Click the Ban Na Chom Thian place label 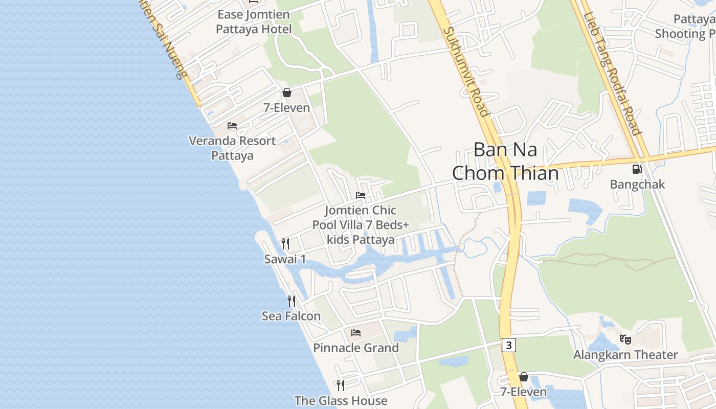pyautogui.click(x=505, y=162)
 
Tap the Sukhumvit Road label pyautogui.click(x=465, y=72)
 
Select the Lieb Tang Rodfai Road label pyautogui.click(x=613, y=74)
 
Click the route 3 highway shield pyautogui.click(x=508, y=345)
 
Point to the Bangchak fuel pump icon pyautogui.click(x=637, y=168)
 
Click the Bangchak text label pyautogui.click(x=637, y=184)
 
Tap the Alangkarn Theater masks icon pyautogui.click(x=625, y=339)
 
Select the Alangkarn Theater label pyautogui.click(x=625, y=355)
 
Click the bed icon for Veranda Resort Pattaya pyautogui.click(x=232, y=126)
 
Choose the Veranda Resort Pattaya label pyautogui.click(x=232, y=148)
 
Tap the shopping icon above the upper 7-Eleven pyautogui.click(x=286, y=93)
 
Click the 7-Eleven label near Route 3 pyautogui.click(x=523, y=392)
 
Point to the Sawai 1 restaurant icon pyautogui.click(x=285, y=244)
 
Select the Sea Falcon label pyautogui.click(x=291, y=316)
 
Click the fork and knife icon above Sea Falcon pyautogui.click(x=291, y=301)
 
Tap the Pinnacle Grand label pyautogui.click(x=356, y=348)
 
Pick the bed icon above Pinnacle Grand pyautogui.click(x=356, y=333)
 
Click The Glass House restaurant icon pyautogui.click(x=341, y=385)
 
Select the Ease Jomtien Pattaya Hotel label pyautogui.click(x=254, y=21)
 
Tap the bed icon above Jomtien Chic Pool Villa pyautogui.click(x=361, y=195)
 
